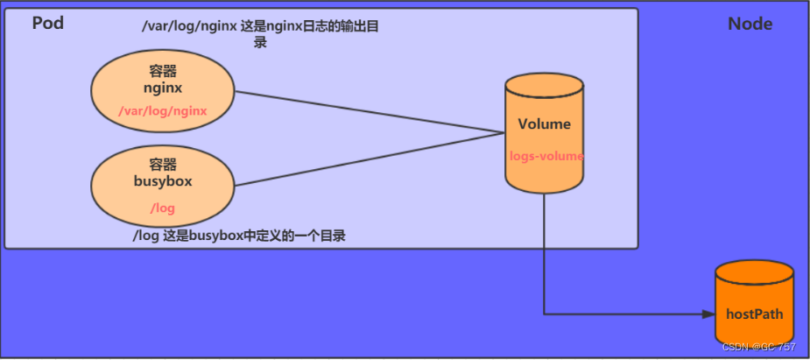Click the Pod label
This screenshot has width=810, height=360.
click(x=48, y=24)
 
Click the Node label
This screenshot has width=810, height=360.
click(x=750, y=24)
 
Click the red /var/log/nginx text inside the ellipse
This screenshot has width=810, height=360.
click(x=163, y=110)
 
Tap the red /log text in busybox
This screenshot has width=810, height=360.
click(x=163, y=208)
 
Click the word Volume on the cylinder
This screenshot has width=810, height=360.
click(x=544, y=124)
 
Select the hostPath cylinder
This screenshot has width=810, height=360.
click(x=755, y=307)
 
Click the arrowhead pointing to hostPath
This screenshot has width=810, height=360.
click(x=708, y=313)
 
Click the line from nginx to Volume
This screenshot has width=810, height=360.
click(x=368, y=112)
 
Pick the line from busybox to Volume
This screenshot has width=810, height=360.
click(x=368, y=159)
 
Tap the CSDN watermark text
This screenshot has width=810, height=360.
click(x=758, y=347)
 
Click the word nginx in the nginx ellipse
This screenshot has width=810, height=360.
click(x=163, y=88)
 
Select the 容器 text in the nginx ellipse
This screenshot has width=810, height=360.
click(x=163, y=72)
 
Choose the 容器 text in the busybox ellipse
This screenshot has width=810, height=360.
click(x=163, y=164)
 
